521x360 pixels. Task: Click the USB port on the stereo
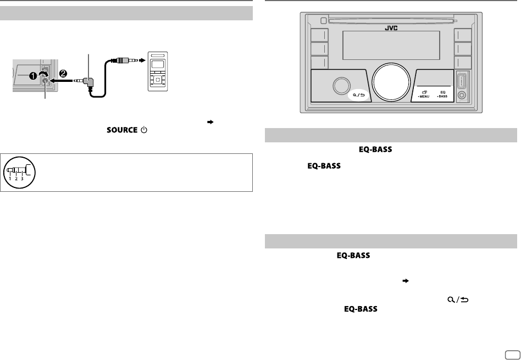click(x=461, y=80)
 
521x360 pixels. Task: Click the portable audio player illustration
click(x=158, y=71)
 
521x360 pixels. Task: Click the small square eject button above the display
click(x=324, y=21)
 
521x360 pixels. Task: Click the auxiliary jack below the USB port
click(x=461, y=95)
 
